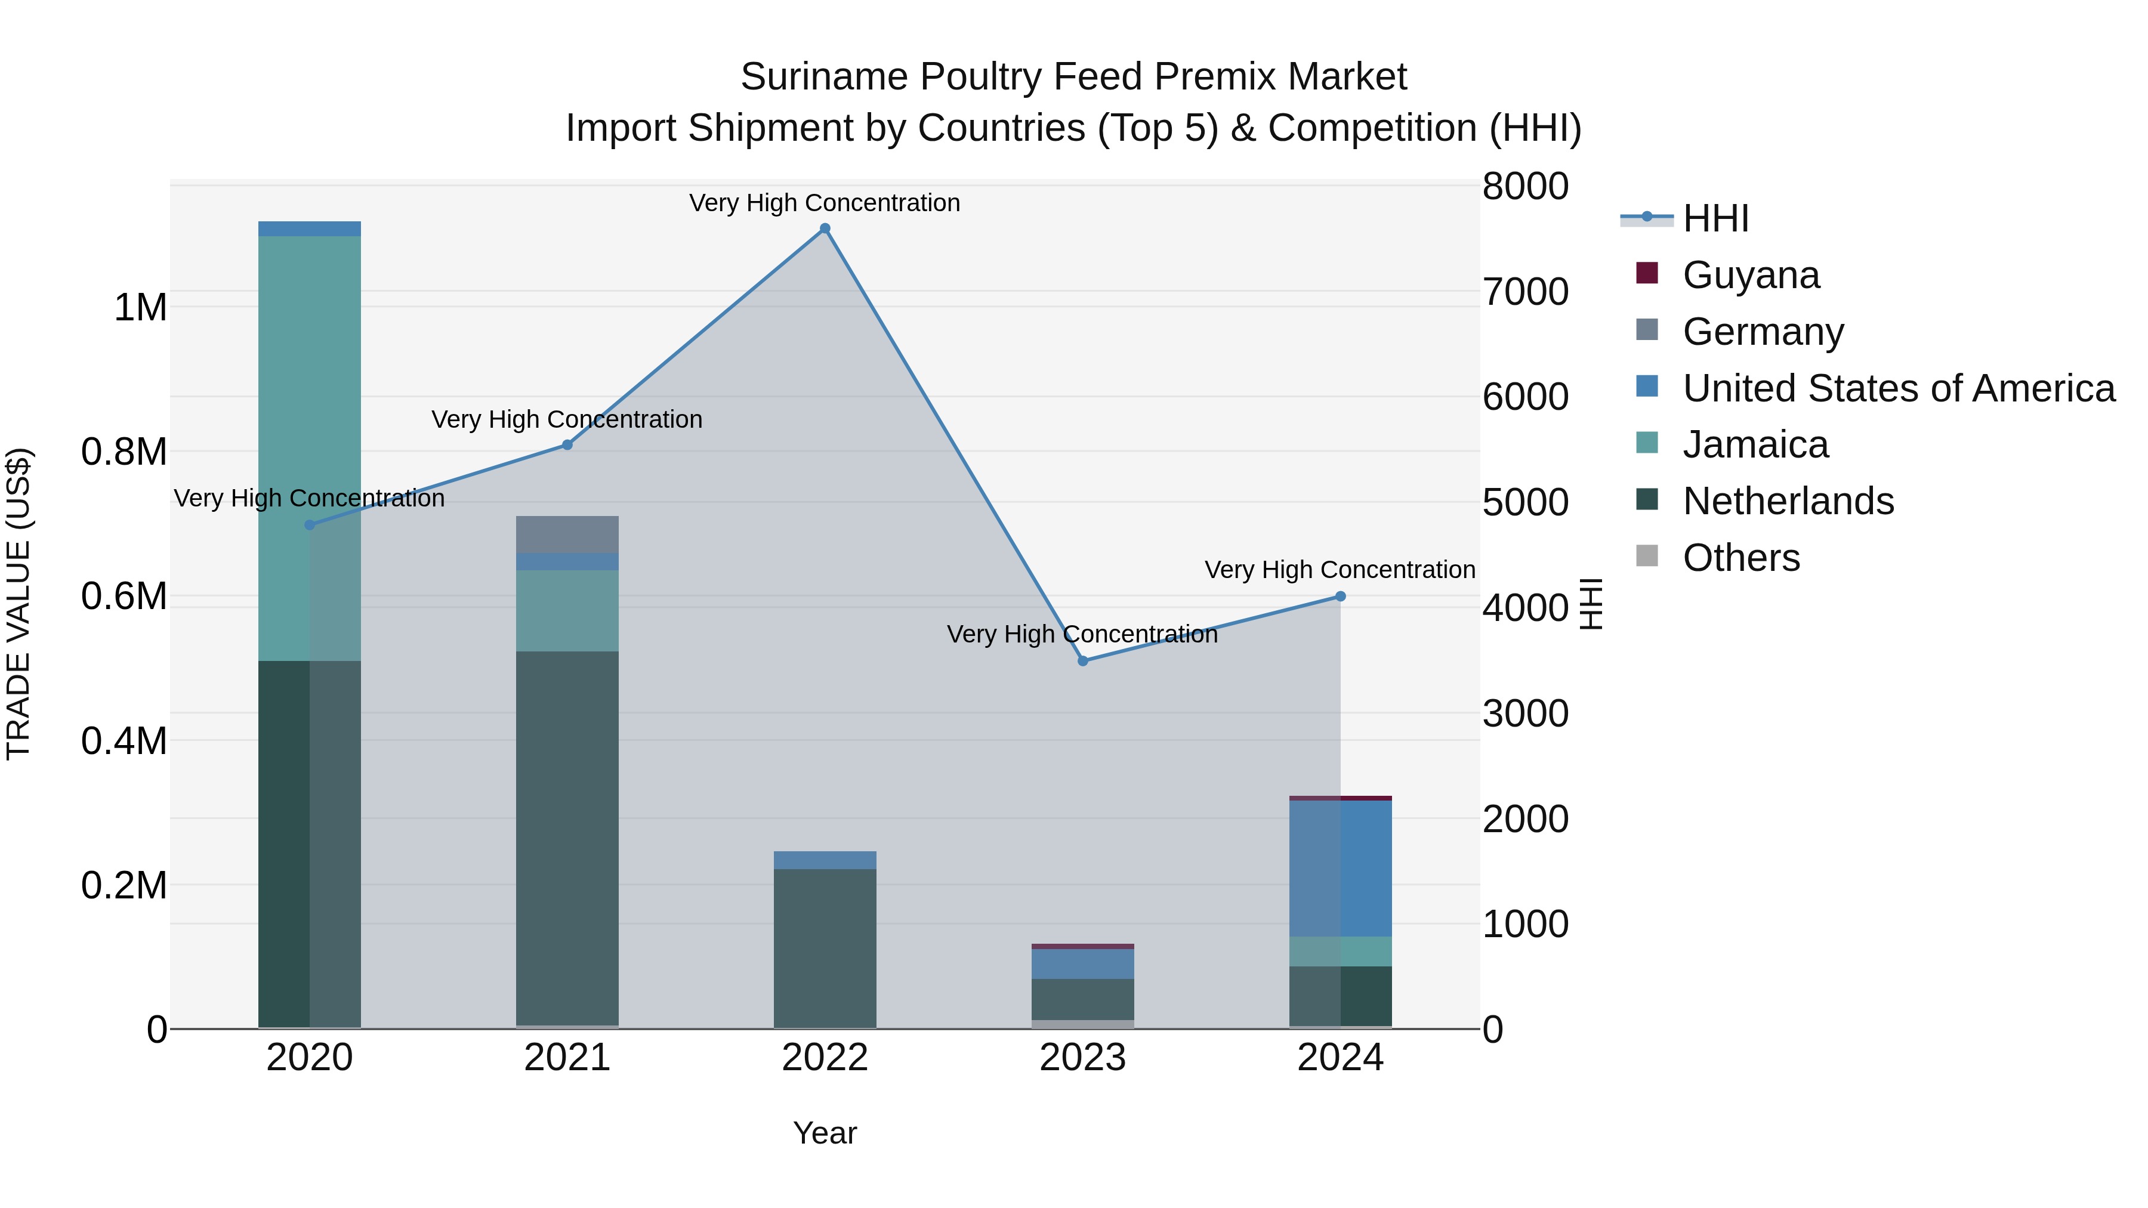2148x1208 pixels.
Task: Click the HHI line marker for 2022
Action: pyautogui.click(x=825, y=228)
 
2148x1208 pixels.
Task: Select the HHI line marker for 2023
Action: pyautogui.click(x=1082, y=661)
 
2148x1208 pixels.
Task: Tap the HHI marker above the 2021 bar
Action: pyautogui.click(x=567, y=445)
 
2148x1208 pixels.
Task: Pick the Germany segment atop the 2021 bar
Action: pyautogui.click(x=567, y=535)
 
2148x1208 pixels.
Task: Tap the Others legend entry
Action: pyautogui.click(x=1740, y=558)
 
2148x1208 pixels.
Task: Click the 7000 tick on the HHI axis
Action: pyautogui.click(x=1525, y=292)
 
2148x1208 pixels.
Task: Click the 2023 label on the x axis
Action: pyautogui.click(x=1082, y=1058)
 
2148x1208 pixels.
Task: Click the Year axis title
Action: pyautogui.click(x=825, y=1133)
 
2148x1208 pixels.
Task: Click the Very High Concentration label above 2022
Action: pyautogui.click(x=825, y=203)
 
